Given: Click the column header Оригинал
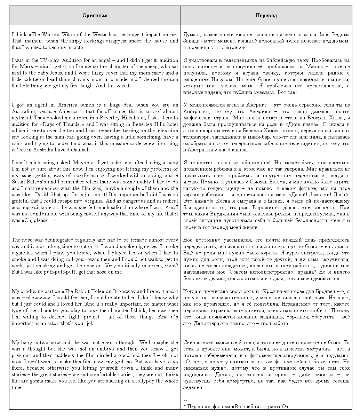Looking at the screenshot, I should tap(95, 16).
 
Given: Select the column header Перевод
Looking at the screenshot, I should tap(266, 16).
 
